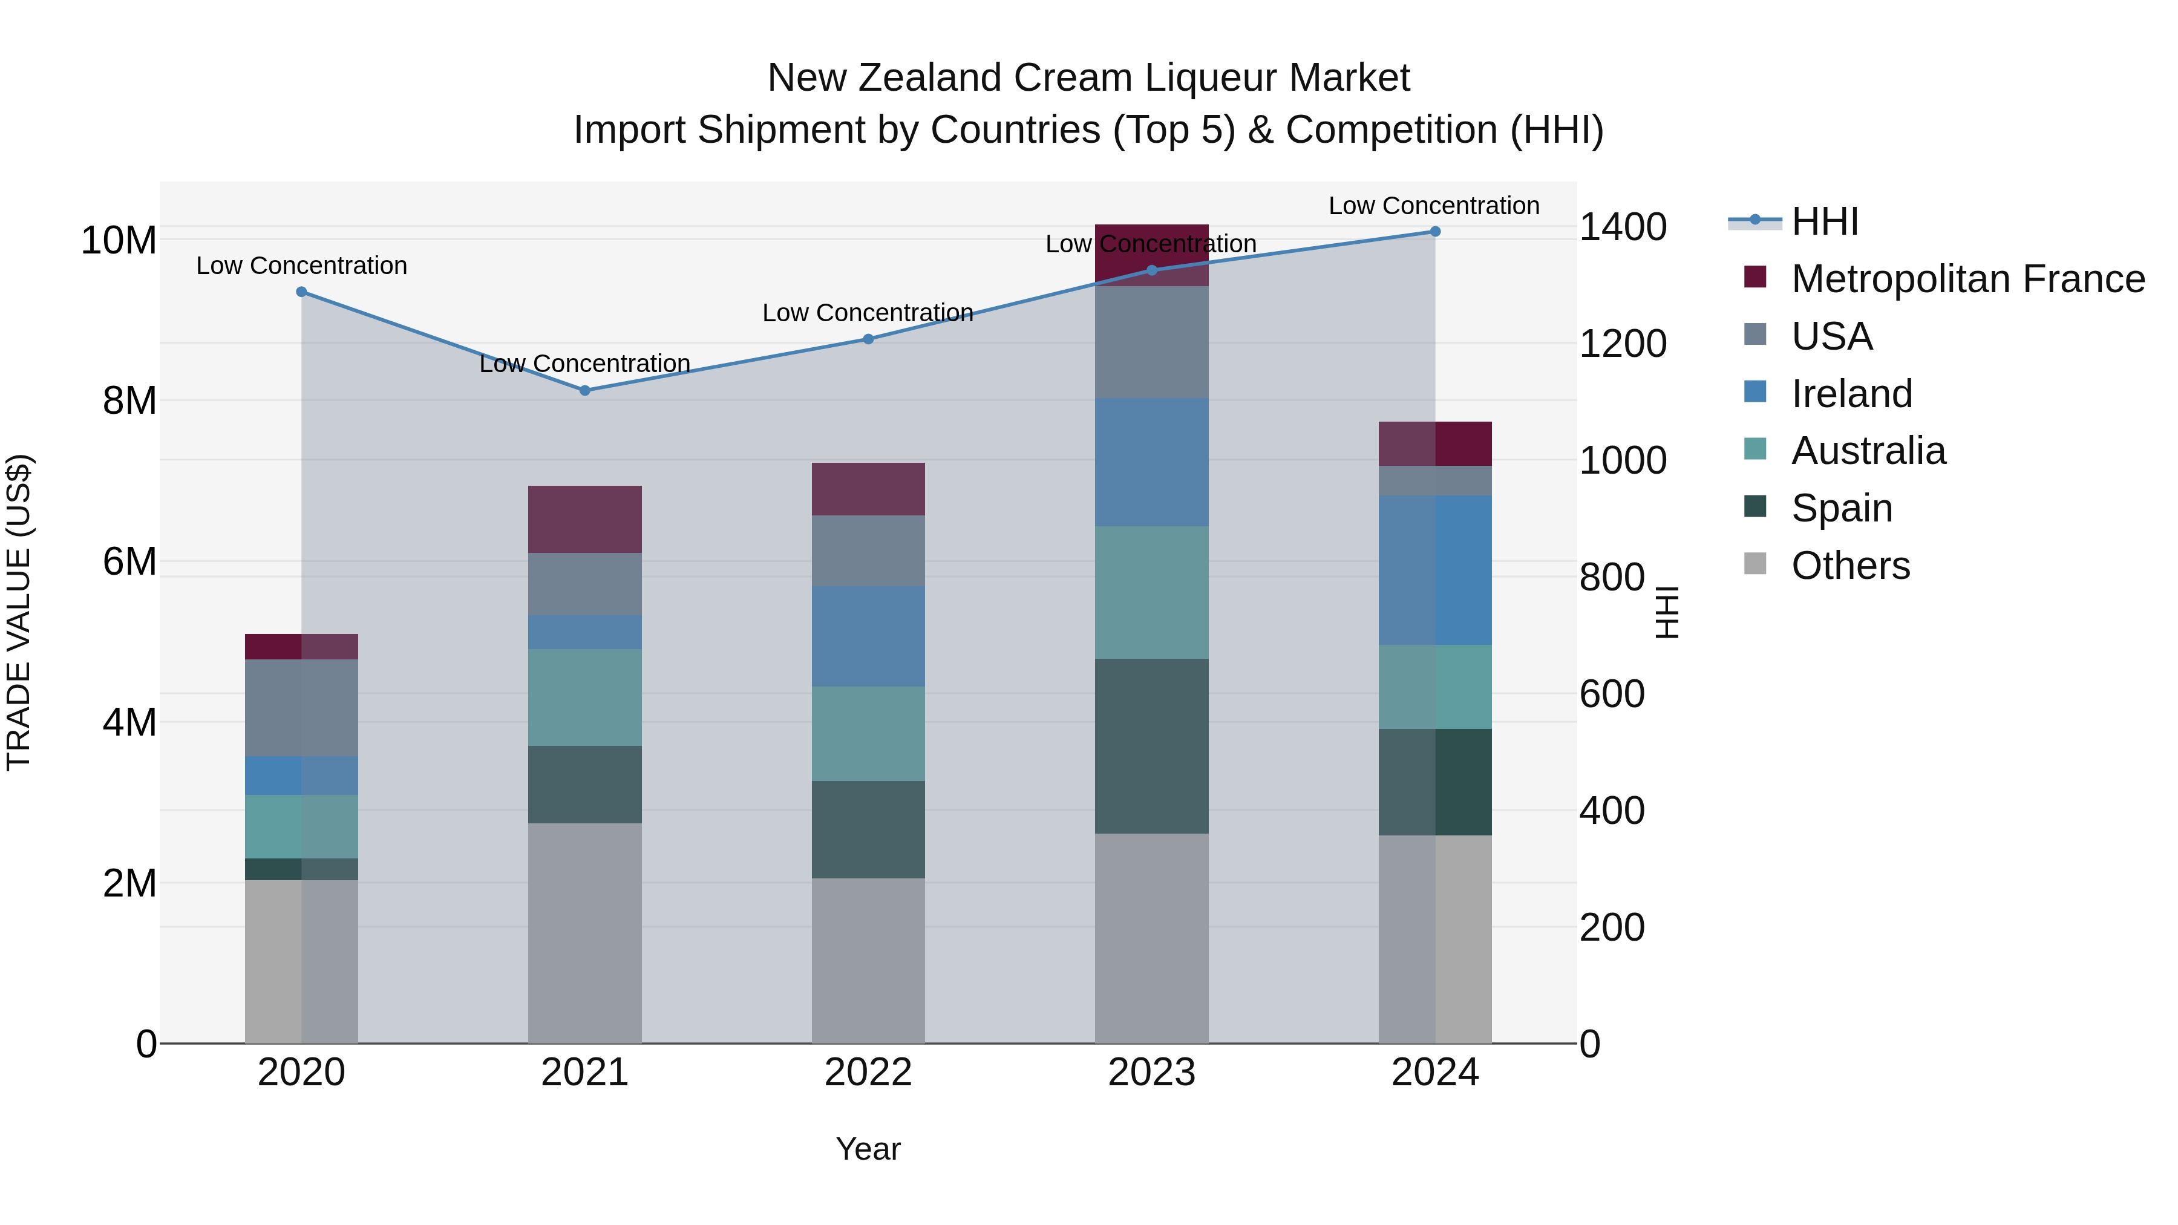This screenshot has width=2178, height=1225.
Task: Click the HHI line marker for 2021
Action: [x=584, y=391]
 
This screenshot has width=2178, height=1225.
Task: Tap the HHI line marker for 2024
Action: [x=1435, y=232]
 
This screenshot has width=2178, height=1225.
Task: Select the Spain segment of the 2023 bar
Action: [x=1151, y=746]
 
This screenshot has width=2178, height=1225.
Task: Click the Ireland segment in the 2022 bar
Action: [x=868, y=636]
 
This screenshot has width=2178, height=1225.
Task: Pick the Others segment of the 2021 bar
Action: [x=584, y=933]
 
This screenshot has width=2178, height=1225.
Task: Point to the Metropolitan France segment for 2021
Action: [x=584, y=519]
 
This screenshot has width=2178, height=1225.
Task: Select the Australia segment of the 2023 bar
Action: [x=1151, y=593]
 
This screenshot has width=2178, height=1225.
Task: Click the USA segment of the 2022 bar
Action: [x=868, y=550]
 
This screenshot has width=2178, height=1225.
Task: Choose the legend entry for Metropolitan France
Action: [x=1967, y=279]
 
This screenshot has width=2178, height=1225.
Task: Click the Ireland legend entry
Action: [x=1852, y=394]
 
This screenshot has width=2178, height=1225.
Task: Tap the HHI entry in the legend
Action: [x=1825, y=221]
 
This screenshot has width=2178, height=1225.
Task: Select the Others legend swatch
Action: [x=1755, y=564]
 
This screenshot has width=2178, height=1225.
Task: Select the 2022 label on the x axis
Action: [x=868, y=1073]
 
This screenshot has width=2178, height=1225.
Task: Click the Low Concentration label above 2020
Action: [x=302, y=266]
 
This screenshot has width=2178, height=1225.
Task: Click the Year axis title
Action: [x=868, y=1149]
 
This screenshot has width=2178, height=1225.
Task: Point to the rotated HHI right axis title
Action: [x=1667, y=612]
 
